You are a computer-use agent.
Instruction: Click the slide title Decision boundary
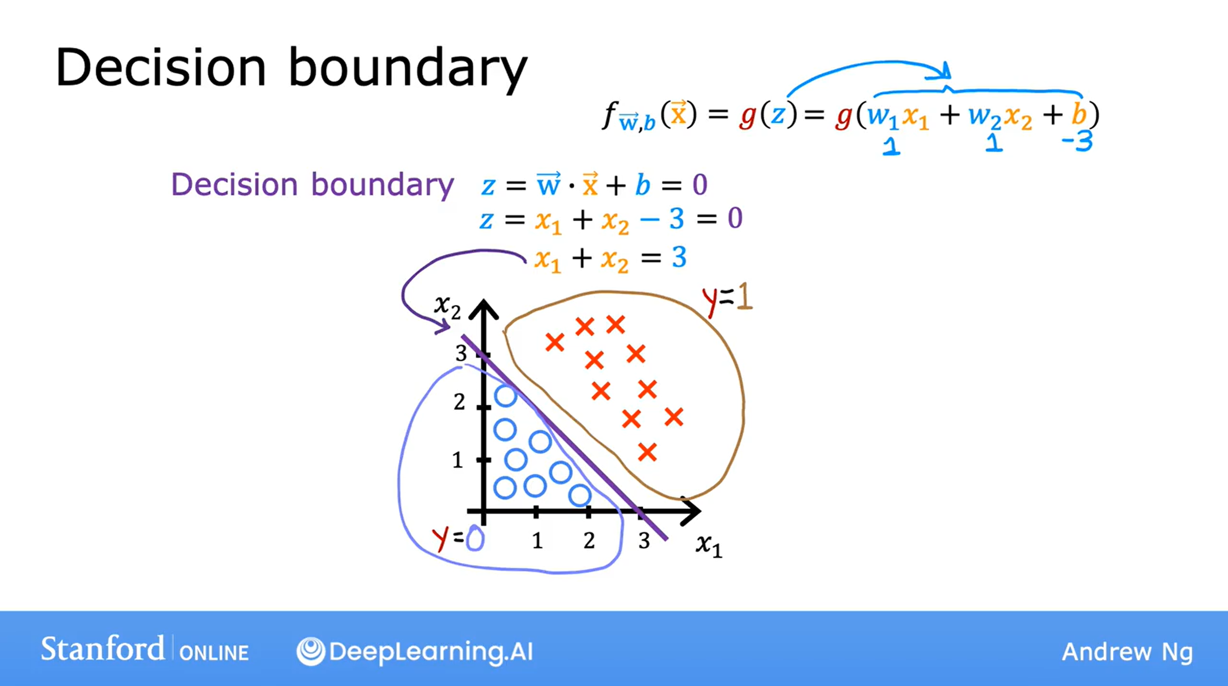coord(291,68)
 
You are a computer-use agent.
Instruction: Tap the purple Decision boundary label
coord(312,185)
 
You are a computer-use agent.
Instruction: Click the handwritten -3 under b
coord(1077,142)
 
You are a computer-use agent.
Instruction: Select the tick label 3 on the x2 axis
coord(461,353)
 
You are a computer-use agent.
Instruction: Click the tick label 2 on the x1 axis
coord(589,540)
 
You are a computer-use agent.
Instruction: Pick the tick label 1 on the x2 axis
coord(458,460)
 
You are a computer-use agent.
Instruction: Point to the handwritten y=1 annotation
coord(727,300)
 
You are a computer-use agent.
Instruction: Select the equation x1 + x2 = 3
coord(610,259)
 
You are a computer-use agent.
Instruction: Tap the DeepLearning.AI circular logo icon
coord(311,651)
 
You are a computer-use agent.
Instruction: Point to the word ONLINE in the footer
coord(214,653)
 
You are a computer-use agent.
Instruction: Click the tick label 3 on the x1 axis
coord(644,540)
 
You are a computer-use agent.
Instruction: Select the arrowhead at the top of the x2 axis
coord(484,309)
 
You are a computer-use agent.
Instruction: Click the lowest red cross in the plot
coord(647,452)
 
